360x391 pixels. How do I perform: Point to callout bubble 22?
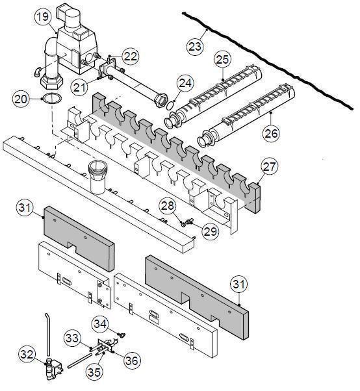point(131,57)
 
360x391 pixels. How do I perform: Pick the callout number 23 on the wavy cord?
point(194,46)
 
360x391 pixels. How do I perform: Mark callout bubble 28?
point(168,207)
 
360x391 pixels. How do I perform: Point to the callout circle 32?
point(26,355)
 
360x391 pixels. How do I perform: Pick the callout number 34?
point(99,322)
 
